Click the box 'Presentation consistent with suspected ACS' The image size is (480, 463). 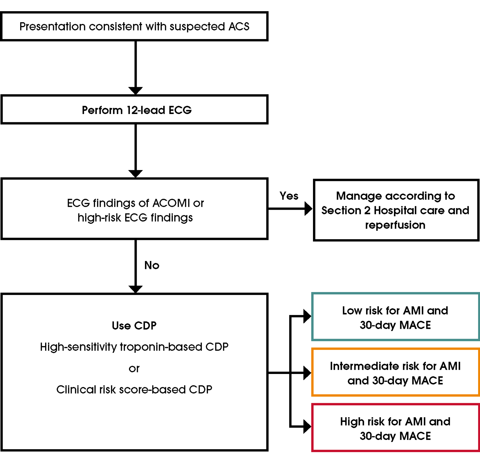point(134,27)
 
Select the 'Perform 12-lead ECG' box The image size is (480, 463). point(134,110)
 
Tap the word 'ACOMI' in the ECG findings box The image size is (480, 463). point(171,203)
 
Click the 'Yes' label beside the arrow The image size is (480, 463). point(289,196)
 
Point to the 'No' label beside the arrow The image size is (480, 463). point(152,265)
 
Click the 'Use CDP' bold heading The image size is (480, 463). point(134,326)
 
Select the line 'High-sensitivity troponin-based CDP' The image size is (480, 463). point(134,347)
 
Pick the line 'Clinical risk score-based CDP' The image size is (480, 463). point(134,389)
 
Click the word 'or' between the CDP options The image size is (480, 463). point(134,369)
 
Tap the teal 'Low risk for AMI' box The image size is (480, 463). point(395,317)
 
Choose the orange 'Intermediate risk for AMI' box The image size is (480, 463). point(395,373)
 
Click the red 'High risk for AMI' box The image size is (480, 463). point(395,428)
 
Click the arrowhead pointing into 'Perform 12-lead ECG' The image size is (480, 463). point(135,91)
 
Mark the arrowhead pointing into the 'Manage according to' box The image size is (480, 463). point(308,209)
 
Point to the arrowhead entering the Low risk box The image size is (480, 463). point(307,316)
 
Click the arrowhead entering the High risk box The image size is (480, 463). point(307,426)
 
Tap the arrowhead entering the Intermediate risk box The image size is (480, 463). point(307,373)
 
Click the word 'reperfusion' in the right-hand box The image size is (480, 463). point(395,225)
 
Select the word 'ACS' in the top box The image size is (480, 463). point(239,27)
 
